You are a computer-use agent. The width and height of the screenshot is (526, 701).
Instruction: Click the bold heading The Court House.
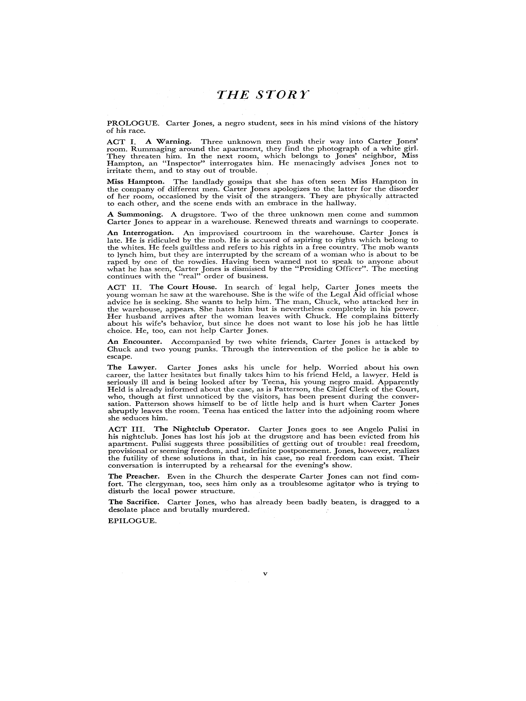[183, 287]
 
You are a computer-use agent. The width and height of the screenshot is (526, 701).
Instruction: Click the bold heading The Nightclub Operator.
[202, 429]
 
